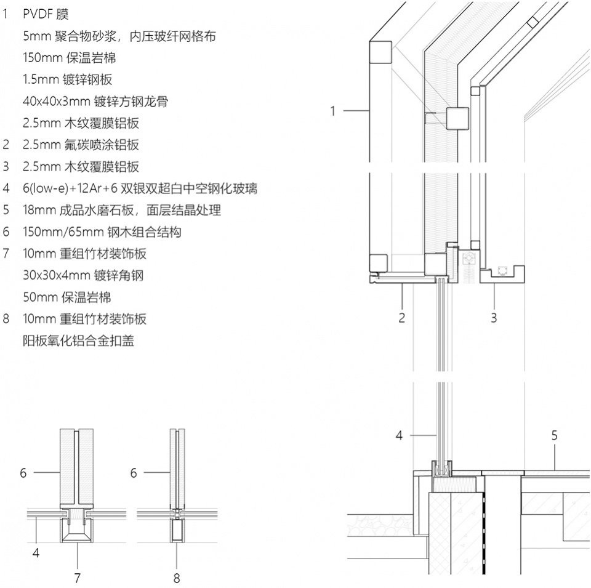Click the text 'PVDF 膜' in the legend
click(x=46, y=15)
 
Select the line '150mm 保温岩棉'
click(x=70, y=58)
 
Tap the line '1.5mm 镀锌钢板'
click(x=68, y=79)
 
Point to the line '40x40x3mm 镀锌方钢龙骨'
click(x=95, y=102)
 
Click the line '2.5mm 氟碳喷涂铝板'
click(x=81, y=145)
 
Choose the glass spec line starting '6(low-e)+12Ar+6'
click(x=140, y=188)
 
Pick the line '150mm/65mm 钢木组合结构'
click(x=102, y=232)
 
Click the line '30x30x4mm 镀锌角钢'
click(x=83, y=275)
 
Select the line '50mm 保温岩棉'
click(x=67, y=297)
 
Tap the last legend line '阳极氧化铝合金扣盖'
click(x=78, y=340)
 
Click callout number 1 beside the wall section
click(x=332, y=111)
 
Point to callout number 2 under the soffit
click(x=402, y=318)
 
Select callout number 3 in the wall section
click(x=494, y=318)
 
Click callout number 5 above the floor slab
click(x=554, y=436)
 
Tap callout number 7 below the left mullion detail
click(x=78, y=578)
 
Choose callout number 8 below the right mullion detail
click(x=177, y=578)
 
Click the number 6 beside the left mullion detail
click(x=23, y=473)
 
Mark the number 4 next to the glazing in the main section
click(x=399, y=436)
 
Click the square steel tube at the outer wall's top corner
click(x=380, y=52)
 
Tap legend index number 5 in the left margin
click(x=6, y=210)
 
